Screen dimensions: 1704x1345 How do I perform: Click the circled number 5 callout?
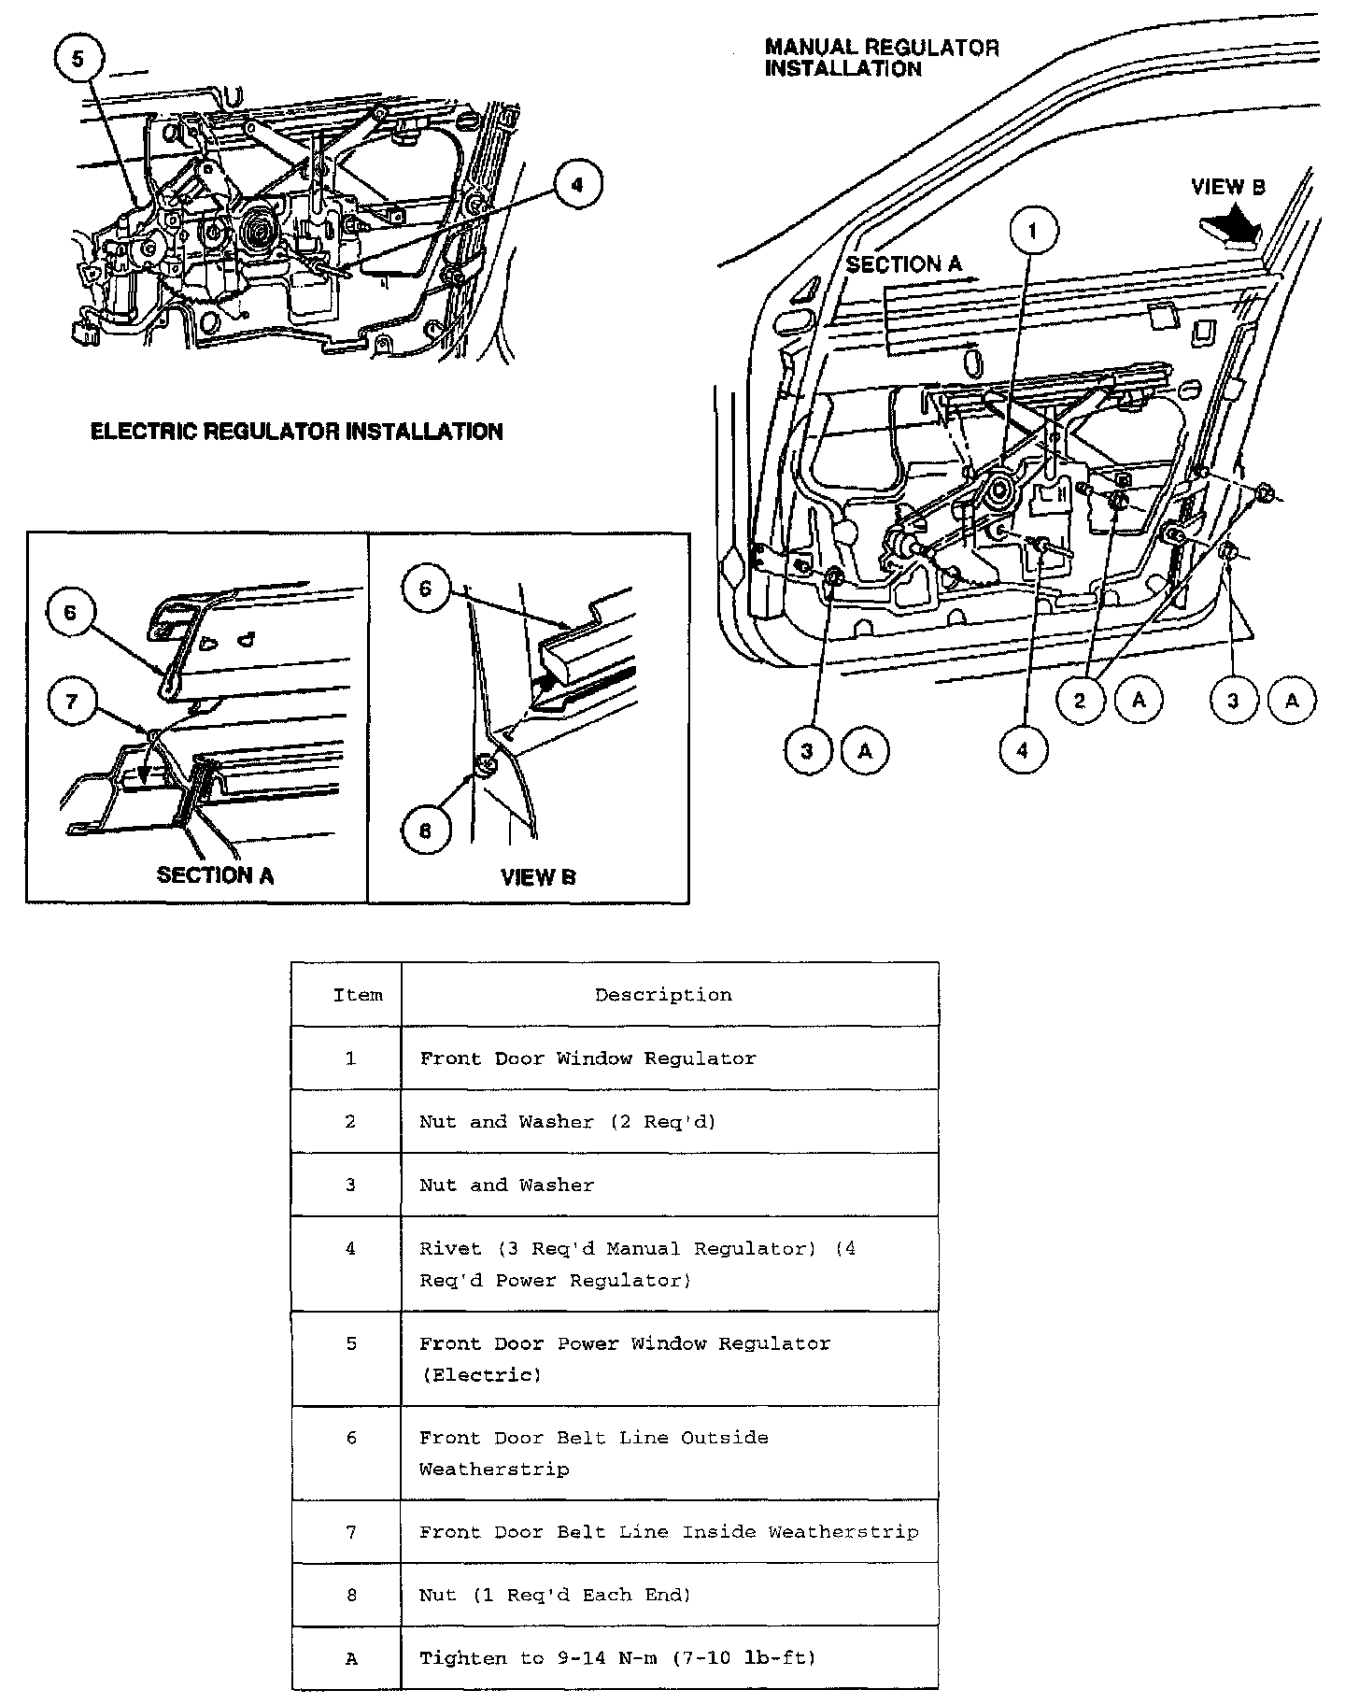(78, 60)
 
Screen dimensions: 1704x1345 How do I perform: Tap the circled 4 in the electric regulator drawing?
(576, 185)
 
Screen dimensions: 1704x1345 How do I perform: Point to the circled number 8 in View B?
(427, 831)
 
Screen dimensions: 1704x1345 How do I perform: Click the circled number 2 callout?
(1082, 700)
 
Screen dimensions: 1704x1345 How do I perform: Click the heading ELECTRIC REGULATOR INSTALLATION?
(296, 432)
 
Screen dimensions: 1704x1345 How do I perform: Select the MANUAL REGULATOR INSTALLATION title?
(882, 58)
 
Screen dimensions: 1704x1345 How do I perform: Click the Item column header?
(358, 995)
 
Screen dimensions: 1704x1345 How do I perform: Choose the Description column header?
(663, 995)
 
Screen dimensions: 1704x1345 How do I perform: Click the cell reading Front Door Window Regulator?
(588, 1058)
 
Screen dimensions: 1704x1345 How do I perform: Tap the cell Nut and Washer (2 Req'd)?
(567, 1121)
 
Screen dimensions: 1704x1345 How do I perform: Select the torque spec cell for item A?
(617, 1658)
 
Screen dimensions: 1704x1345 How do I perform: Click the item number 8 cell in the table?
(351, 1595)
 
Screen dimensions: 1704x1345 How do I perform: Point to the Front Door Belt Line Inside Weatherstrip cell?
(668, 1532)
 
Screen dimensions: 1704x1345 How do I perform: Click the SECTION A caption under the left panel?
(215, 875)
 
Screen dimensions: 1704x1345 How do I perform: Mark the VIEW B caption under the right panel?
(538, 877)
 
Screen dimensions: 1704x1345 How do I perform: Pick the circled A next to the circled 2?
(1139, 700)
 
